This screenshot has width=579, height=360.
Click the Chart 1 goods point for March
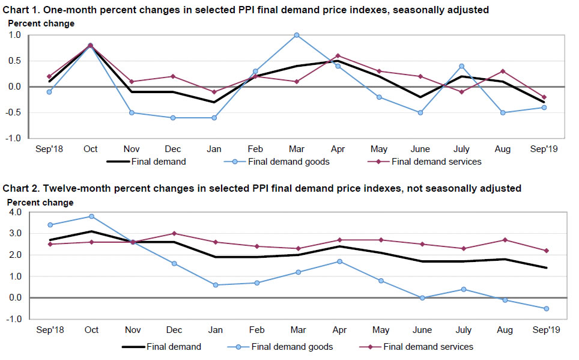[x=296, y=35]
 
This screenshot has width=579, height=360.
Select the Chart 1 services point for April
[x=338, y=56]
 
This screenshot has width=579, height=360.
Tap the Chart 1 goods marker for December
[x=172, y=118]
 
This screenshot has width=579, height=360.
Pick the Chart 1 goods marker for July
[x=461, y=66]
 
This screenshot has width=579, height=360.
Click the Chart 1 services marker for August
[x=503, y=71]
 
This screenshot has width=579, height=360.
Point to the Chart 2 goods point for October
[x=91, y=216]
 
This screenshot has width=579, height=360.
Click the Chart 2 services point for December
[x=174, y=233]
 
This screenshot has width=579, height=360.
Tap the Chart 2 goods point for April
[x=339, y=261]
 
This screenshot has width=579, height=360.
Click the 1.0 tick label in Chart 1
[x=15, y=35]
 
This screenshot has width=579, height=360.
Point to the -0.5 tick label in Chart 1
[x=14, y=112]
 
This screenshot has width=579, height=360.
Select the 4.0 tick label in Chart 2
[x=15, y=212]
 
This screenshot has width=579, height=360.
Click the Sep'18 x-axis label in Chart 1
[x=50, y=149]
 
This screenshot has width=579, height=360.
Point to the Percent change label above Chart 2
[x=40, y=203]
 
